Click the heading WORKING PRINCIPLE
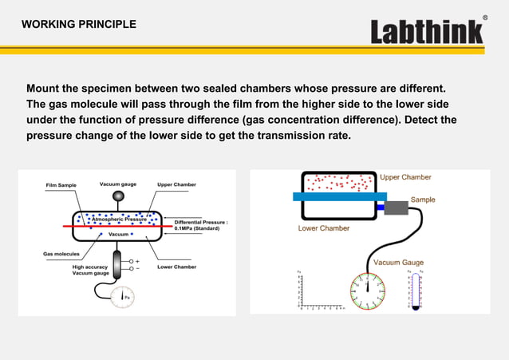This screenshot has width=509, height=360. click(78, 24)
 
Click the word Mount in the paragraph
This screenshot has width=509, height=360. click(45, 88)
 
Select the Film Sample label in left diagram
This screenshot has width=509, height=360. click(60, 185)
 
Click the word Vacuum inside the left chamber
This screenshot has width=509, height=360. click(119, 235)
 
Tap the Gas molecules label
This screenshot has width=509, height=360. click(61, 254)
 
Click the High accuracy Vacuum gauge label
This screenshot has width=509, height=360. click(90, 271)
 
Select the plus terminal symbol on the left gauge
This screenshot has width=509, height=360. click(137, 261)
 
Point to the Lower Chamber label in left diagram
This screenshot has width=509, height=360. click(176, 267)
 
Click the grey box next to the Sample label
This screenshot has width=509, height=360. click(396, 208)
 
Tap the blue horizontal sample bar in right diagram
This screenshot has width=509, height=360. click(338, 196)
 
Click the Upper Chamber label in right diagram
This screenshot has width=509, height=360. click(405, 177)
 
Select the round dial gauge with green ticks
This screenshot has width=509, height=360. click(367, 288)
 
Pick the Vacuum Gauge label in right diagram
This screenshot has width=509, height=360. click(399, 262)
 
